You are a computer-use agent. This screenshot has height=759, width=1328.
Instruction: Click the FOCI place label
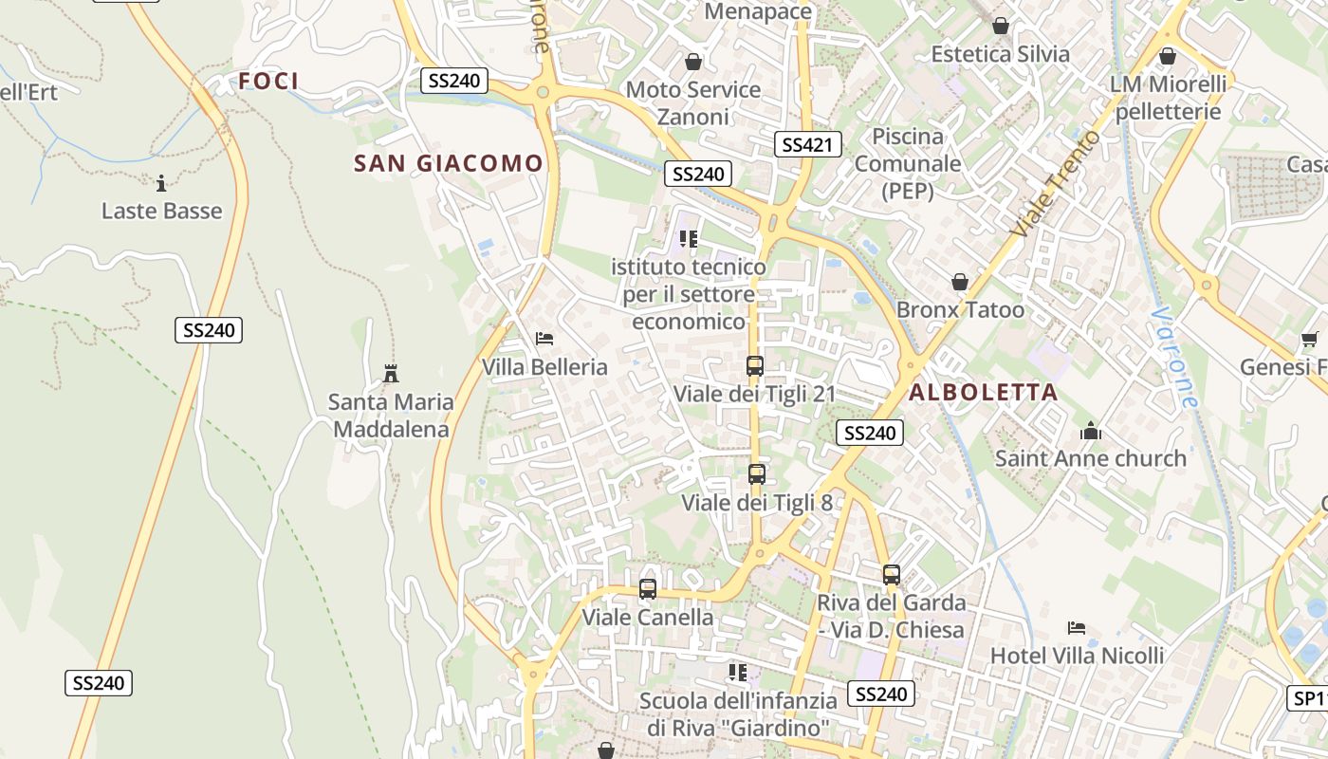[x=268, y=82]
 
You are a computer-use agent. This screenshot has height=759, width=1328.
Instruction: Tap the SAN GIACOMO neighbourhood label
[x=449, y=163]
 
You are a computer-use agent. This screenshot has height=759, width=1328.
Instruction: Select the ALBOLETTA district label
[x=984, y=393]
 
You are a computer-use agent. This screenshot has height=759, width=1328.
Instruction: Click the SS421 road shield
[x=807, y=144]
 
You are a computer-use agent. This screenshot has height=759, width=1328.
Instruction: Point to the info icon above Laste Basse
[x=161, y=182]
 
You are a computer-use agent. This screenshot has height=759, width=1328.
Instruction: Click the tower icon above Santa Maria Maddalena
[x=390, y=373]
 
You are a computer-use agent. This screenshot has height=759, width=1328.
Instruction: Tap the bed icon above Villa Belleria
[x=544, y=338]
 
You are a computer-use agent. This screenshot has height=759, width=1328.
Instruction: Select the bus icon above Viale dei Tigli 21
[x=755, y=365]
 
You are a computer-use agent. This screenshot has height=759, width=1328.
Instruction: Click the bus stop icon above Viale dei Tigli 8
[x=756, y=473]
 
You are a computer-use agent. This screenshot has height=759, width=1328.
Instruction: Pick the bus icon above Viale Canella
[x=648, y=589]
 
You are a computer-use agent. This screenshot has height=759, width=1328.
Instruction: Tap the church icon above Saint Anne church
[x=1091, y=431]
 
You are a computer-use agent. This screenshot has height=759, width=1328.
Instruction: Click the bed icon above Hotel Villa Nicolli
[x=1077, y=628]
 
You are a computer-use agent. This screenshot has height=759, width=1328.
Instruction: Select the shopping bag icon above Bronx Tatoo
[x=960, y=282]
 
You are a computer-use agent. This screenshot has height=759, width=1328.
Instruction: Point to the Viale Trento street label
[x=1056, y=184]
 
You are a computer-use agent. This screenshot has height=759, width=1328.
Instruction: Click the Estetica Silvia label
[x=1000, y=54]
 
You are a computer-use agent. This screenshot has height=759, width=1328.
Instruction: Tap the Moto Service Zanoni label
[x=693, y=103]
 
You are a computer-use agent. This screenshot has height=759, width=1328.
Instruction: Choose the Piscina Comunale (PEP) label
[x=908, y=163]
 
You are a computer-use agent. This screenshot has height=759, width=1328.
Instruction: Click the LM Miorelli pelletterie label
[x=1168, y=98]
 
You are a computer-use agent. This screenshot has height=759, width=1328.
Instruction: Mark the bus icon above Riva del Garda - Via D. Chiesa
[x=892, y=574]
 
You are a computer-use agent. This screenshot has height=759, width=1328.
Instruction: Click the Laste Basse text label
[x=161, y=211]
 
